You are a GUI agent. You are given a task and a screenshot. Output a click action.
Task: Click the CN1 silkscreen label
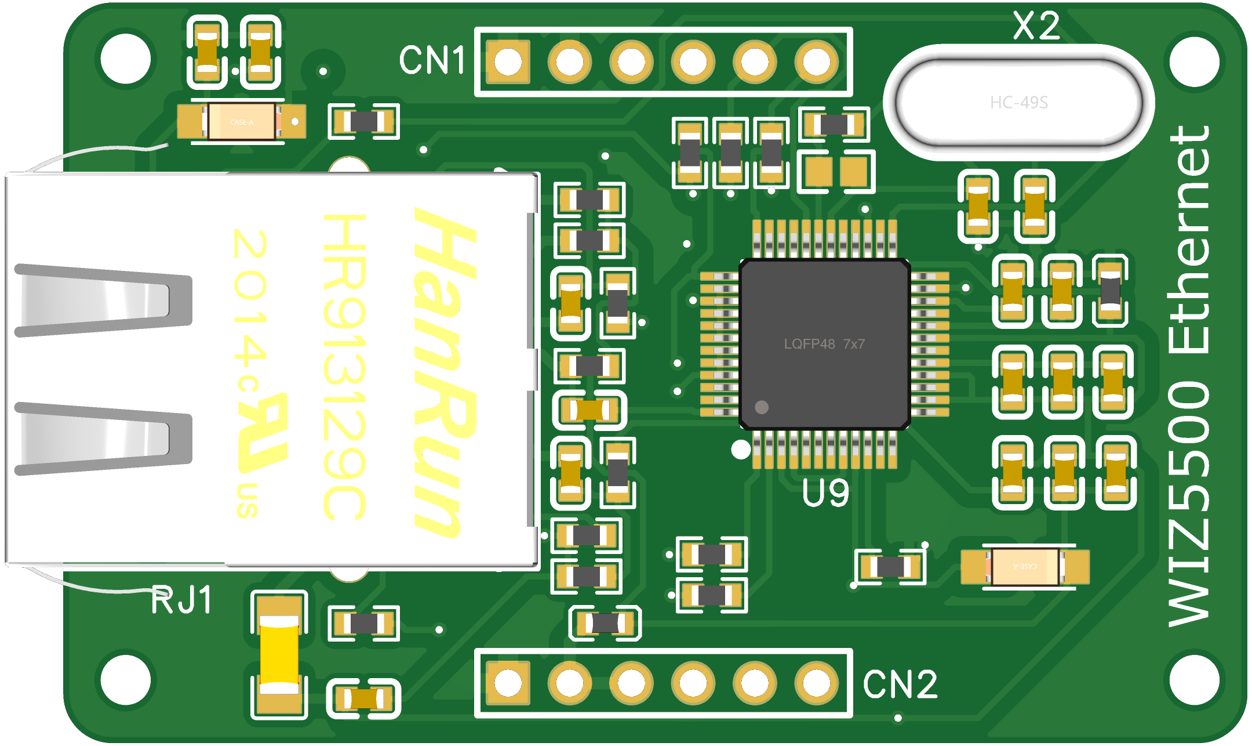[432, 60]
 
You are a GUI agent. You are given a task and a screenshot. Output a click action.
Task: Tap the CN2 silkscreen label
[900, 685]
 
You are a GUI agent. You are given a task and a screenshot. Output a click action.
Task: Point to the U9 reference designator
[825, 493]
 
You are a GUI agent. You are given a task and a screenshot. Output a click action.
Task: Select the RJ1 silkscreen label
[181, 600]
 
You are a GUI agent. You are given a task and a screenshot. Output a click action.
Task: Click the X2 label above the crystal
[1036, 26]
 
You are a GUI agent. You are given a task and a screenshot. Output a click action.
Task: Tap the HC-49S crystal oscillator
[1018, 103]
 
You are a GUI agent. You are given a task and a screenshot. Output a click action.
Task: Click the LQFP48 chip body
[824, 343]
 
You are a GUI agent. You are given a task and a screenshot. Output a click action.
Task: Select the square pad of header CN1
[508, 61]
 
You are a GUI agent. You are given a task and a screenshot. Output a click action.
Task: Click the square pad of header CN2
[508, 683]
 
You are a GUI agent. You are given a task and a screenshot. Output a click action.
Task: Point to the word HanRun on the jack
[443, 371]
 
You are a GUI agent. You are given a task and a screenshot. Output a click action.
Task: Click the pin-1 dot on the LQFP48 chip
[762, 407]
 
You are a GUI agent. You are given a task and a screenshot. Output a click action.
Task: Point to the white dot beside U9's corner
[741, 450]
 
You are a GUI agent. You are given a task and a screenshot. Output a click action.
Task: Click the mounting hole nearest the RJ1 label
[125, 679]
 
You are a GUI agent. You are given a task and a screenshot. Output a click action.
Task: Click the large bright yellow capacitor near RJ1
[279, 655]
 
